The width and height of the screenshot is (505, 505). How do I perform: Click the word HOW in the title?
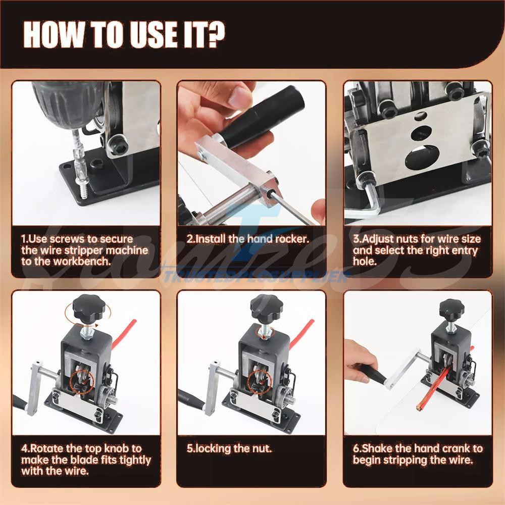pyautogui.click(x=54, y=34)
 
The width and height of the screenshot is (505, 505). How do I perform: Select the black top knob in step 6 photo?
pyautogui.click(x=451, y=308)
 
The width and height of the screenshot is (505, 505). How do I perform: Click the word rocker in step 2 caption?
pyautogui.click(x=290, y=239)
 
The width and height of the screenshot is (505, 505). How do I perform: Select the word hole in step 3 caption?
pyautogui.click(x=365, y=262)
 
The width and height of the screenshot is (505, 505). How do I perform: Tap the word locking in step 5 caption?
pyautogui.click(x=213, y=448)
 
